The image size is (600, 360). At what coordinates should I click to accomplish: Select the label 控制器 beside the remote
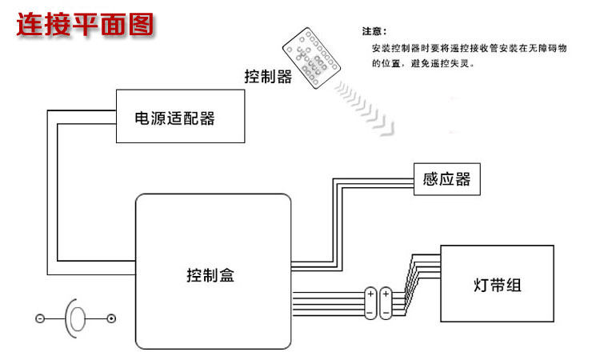coord(267,77)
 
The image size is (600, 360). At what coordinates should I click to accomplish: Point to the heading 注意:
coord(374,32)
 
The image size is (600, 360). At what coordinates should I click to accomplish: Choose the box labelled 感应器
coord(446,178)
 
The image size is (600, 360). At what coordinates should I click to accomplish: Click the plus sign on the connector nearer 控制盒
coord(370,294)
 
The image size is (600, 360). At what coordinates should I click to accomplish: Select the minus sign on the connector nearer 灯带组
coord(386,311)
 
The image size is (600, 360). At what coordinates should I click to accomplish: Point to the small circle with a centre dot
coord(111,318)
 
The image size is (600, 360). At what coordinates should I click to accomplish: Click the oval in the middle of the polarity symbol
coord(76,318)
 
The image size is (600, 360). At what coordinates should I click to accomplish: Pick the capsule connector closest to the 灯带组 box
coord(386,302)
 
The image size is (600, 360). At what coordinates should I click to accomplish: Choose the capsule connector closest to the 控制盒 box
coord(370,302)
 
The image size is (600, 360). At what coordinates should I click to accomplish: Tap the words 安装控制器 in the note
coord(397,48)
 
